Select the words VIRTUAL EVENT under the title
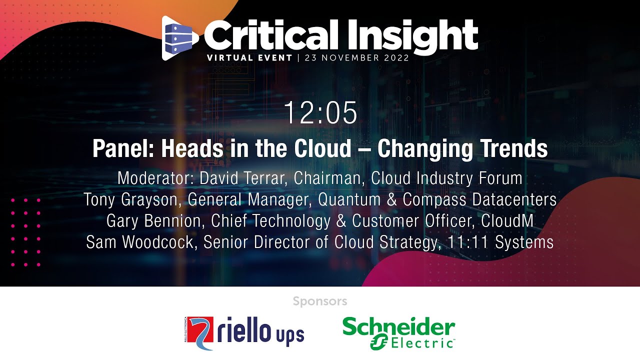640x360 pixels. [x=249, y=57]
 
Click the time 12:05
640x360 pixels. [x=320, y=113]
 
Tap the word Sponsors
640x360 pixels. [x=320, y=301]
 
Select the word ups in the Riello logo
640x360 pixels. [x=289, y=334]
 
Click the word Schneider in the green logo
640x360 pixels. [x=398, y=327]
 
